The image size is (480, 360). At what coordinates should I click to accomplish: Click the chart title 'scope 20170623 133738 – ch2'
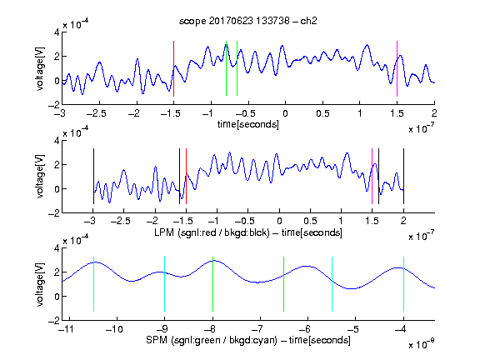tap(248, 21)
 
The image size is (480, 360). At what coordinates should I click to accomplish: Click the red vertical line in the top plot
tap(173, 68)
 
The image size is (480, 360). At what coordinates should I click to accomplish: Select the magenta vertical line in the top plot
tap(397, 68)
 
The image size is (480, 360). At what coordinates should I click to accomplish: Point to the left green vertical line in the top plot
tap(226, 68)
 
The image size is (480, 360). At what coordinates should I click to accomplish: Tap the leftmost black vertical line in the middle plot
tap(93, 177)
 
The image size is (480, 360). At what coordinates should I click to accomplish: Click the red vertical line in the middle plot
tap(186, 177)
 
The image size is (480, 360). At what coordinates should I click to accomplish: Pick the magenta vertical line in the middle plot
tap(372, 177)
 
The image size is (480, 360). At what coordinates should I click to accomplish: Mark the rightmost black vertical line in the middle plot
tap(403, 177)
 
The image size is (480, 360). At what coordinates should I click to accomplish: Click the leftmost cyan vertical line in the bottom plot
tap(93, 284)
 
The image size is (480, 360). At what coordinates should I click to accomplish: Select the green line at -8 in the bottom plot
tap(212, 284)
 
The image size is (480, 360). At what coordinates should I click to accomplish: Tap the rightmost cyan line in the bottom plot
tap(403, 284)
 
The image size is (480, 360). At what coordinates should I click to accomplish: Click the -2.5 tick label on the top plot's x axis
tap(97, 114)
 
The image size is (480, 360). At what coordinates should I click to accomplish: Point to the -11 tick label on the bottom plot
tap(66, 329)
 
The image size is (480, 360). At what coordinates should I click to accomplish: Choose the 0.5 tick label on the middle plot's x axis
tap(310, 221)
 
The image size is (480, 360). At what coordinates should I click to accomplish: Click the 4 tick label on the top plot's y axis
tap(57, 32)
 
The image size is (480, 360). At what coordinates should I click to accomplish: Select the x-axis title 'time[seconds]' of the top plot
tap(248, 124)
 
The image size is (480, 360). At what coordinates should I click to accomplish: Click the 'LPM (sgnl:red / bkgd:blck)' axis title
tap(212, 232)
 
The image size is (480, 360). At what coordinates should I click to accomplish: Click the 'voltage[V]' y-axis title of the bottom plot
tap(40, 284)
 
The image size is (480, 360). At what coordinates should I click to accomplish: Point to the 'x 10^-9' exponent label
tap(421, 344)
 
